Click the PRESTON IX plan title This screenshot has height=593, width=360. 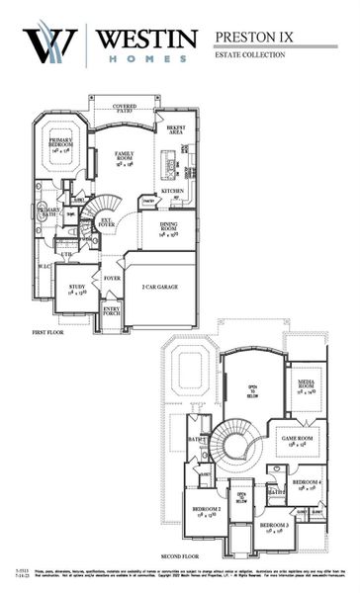coord(254,39)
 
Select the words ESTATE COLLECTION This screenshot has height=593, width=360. coord(249,55)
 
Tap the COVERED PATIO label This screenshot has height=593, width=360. coord(125,109)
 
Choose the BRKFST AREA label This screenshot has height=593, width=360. coord(177,130)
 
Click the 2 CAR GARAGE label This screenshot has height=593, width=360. coord(159,287)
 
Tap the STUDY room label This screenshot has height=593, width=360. coord(76,291)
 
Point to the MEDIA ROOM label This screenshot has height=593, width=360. coord(306,387)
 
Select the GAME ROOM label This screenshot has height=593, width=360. coord(297,441)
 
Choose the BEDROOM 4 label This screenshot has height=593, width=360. coord(306,484)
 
